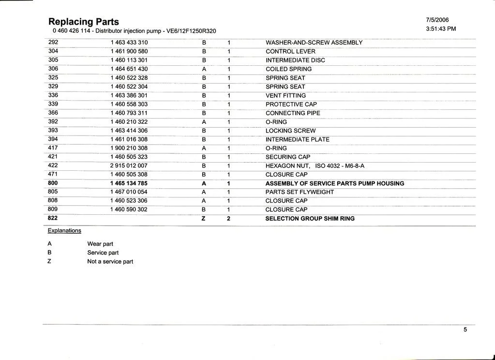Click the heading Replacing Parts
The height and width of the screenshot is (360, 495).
(x=84, y=22)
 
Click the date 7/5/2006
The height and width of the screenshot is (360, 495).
(x=437, y=20)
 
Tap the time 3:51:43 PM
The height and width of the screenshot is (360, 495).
(x=440, y=29)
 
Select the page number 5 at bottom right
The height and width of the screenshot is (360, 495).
(x=465, y=330)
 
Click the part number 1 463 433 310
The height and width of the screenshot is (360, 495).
(x=129, y=43)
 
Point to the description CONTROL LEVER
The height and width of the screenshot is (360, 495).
(x=290, y=51)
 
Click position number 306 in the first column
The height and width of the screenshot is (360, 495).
(x=53, y=69)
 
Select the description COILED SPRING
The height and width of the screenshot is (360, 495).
(x=288, y=69)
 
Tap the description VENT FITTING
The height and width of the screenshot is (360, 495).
(x=285, y=95)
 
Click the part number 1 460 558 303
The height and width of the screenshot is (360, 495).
(x=129, y=104)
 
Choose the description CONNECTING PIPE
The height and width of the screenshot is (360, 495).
(x=293, y=113)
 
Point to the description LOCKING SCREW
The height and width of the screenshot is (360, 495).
(x=290, y=131)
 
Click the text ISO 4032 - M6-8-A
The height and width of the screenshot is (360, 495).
(x=340, y=166)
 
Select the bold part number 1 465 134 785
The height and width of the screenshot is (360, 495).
(x=129, y=183)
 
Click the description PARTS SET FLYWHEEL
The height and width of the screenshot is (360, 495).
(x=300, y=192)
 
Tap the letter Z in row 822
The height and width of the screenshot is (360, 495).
(x=204, y=219)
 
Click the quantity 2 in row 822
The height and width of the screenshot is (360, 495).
(x=228, y=219)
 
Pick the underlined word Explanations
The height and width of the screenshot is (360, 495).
(x=64, y=231)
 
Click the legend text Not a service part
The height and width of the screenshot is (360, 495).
(x=110, y=262)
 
